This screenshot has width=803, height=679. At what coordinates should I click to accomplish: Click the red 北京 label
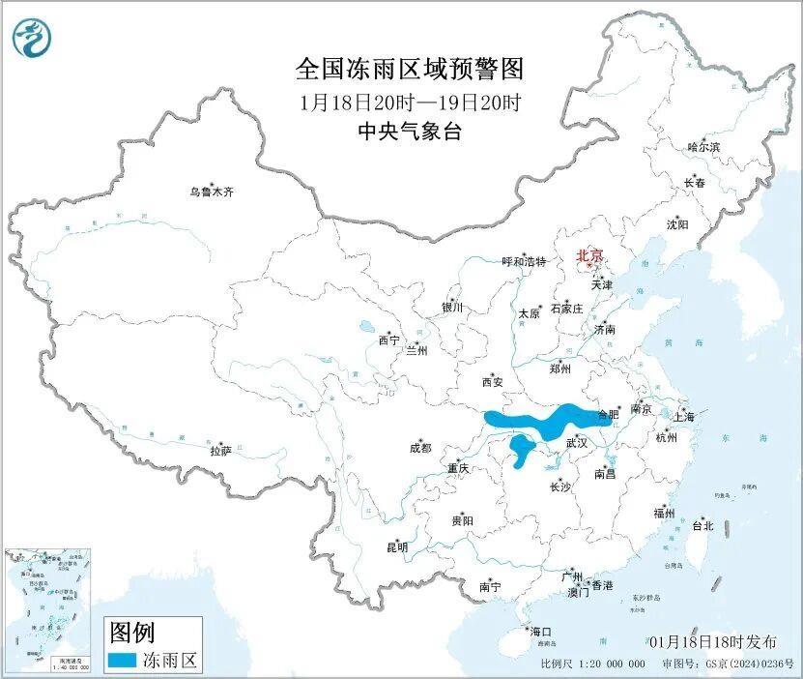tap(588, 256)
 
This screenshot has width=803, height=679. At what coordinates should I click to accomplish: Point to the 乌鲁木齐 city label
tap(212, 192)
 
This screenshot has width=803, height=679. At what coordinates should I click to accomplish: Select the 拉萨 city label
tap(220, 451)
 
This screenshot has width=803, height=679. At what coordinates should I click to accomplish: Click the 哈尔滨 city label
tap(703, 147)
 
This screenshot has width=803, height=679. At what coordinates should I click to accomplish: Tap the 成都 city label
tap(420, 448)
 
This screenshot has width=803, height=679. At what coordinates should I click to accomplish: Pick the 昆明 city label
tap(397, 547)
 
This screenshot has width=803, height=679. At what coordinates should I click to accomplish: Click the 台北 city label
tap(703, 526)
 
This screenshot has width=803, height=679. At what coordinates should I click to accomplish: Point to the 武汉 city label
tap(576, 442)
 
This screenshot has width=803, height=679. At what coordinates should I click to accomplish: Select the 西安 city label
tap(492, 382)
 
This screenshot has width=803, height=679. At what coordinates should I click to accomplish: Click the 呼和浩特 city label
tap(524, 262)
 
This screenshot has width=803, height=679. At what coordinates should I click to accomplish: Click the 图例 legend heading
tap(131, 634)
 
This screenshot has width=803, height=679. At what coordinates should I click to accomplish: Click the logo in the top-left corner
tap(32, 38)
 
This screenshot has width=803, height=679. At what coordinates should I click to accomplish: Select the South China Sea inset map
tap(48, 610)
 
